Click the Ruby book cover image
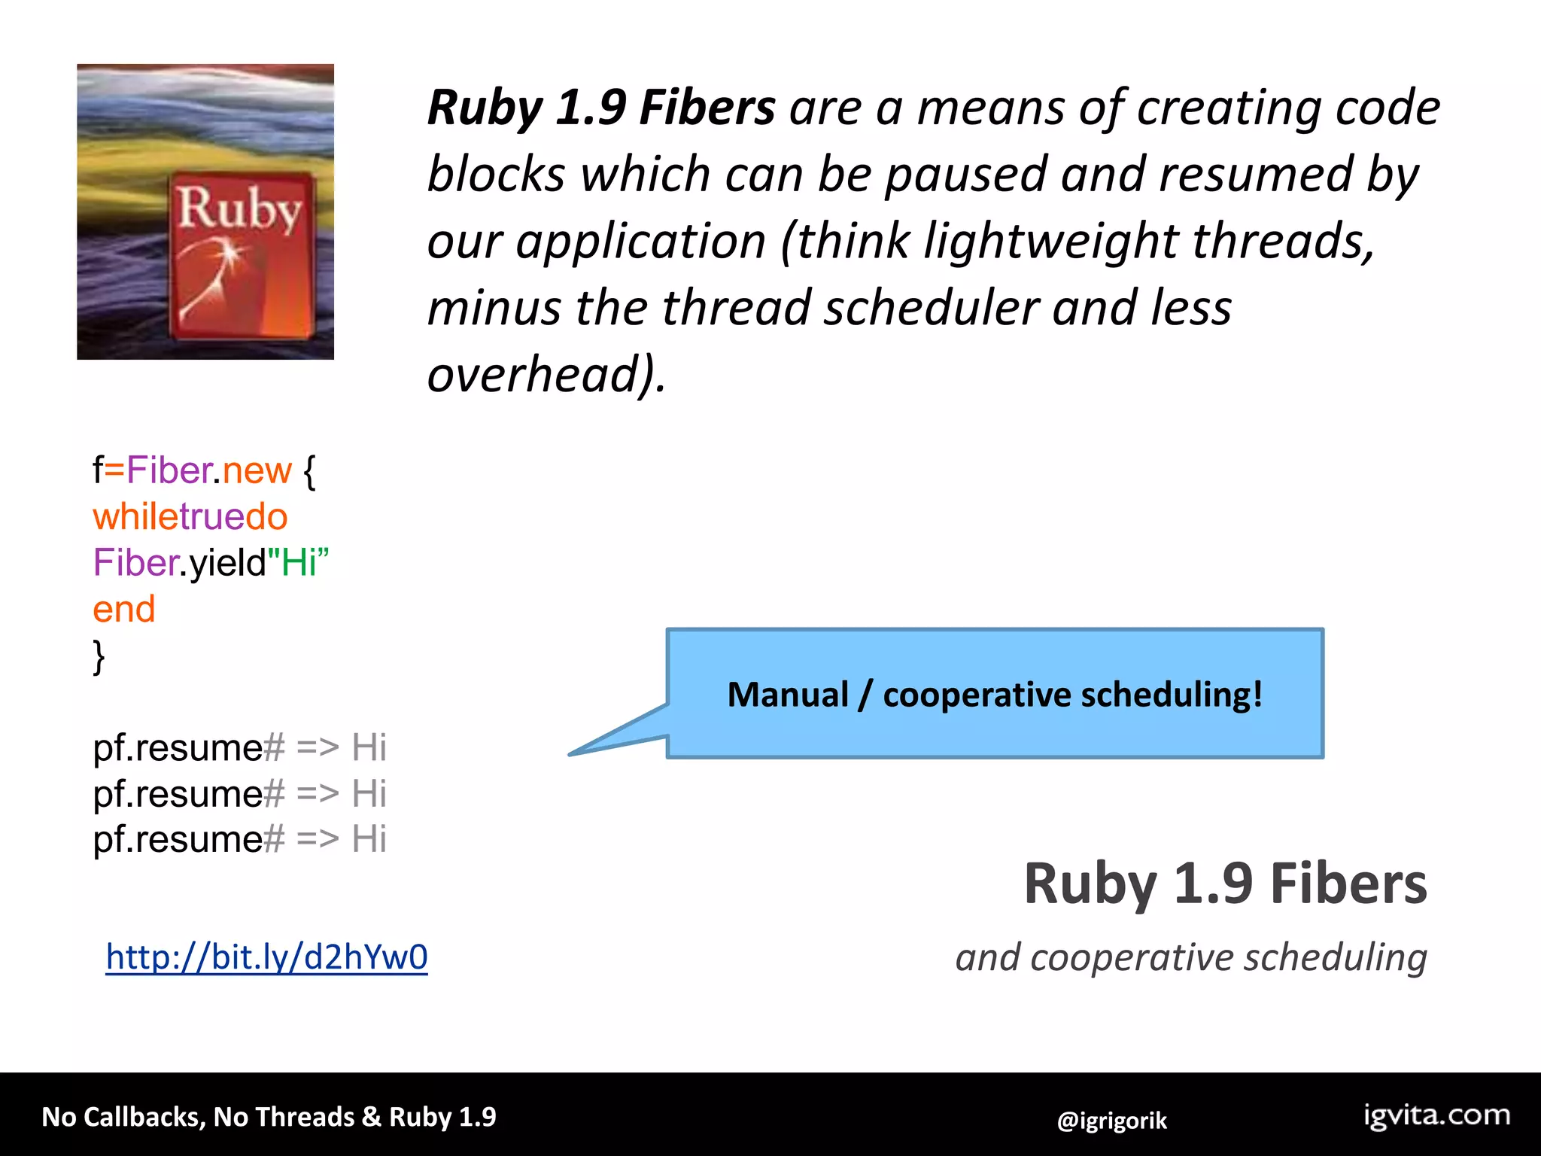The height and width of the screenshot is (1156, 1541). point(205,211)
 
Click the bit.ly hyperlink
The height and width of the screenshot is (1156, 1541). point(266,957)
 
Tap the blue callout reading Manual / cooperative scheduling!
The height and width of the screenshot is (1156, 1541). point(995,694)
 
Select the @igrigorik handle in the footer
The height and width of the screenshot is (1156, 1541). point(1111,1121)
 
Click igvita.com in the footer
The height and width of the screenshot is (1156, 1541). point(1436,1115)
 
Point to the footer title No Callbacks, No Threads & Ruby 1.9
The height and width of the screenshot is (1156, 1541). point(269,1117)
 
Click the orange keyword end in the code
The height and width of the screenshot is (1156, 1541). point(124,609)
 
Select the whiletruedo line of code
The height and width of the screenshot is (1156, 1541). point(190,517)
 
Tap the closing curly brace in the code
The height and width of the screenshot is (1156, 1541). point(99,656)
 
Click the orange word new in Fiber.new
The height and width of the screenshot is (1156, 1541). point(257,470)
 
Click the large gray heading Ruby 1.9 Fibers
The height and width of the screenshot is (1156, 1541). point(1225,884)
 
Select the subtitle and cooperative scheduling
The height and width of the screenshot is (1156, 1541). point(1191,957)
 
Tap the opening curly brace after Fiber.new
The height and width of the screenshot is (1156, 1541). point(309,471)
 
